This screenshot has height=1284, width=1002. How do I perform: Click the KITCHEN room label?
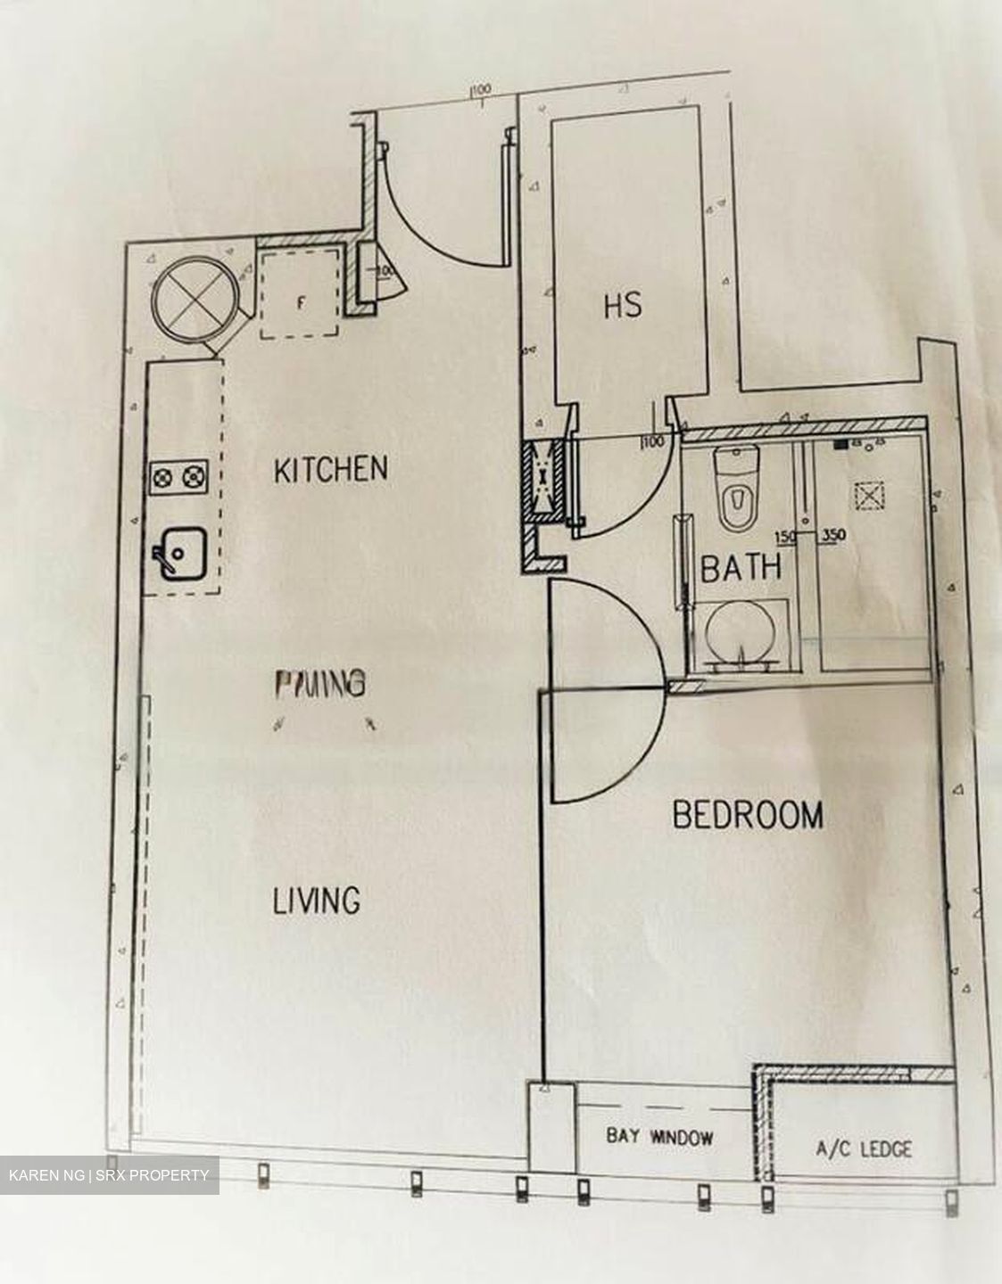(330, 469)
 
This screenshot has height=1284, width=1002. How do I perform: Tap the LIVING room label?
(316, 901)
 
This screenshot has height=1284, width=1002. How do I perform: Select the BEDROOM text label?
(747, 815)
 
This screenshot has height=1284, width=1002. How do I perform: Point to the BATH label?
(741, 568)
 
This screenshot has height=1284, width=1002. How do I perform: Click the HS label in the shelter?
(623, 305)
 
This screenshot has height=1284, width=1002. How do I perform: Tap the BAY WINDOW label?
(659, 1137)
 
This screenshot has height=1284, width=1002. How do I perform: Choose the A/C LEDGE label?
(864, 1148)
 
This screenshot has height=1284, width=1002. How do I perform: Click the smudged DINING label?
(319, 684)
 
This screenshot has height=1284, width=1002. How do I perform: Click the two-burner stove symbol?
(177, 479)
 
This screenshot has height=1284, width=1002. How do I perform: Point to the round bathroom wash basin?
(738, 635)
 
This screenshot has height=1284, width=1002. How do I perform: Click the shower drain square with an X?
(865, 495)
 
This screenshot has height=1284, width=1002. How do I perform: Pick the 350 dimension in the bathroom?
(833, 537)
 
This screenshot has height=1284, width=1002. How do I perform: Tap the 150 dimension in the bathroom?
(785, 537)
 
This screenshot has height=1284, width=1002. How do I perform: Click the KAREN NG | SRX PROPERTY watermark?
(109, 1175)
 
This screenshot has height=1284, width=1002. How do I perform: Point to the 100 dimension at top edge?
(481, 89)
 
